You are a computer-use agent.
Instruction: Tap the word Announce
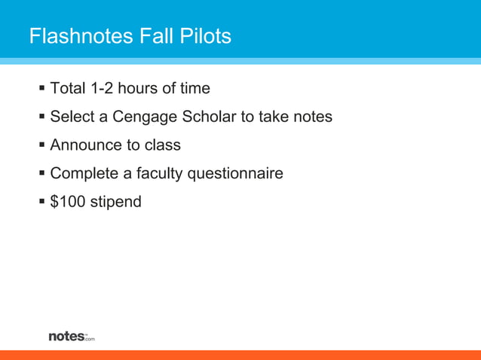pos(84,145)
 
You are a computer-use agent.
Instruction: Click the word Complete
pos(84,174)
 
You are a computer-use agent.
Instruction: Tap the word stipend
pos(115,203)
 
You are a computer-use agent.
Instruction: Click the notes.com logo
pos(72,336)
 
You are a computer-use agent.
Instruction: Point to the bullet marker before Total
pos(41,89)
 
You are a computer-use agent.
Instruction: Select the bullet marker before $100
pos(41,202)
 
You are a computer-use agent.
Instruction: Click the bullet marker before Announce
pos(41,145)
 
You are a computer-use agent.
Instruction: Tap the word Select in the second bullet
pos(71,117)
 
